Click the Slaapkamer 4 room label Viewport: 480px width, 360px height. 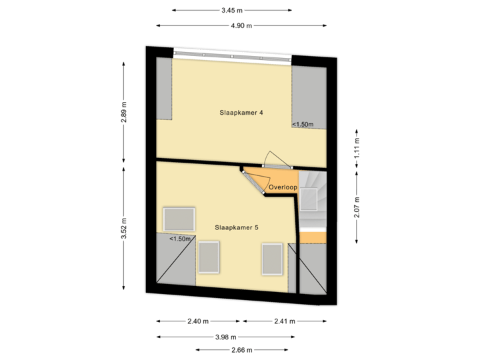[x=241, y=113]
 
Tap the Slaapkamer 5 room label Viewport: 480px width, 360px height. [x=237, y=227]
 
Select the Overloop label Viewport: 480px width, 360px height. [x=283, y=187]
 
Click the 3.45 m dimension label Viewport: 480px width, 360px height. [x=231, y=10]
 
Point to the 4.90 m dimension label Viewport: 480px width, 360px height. [x=241, y=25]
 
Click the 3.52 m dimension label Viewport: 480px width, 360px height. [x=124, y=227]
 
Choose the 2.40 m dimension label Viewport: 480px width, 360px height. [x=198, y=321]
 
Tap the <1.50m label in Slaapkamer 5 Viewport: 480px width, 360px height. [x=180, y=239]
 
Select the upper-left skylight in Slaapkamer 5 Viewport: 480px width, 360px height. [x=179, y=219]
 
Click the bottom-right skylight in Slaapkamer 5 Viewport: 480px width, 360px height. [x=272, y=259]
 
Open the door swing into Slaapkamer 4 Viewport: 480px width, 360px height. [x=274, y=158]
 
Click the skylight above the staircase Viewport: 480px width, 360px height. [x=308, y=199]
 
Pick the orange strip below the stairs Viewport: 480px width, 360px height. [x=313, y=237]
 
